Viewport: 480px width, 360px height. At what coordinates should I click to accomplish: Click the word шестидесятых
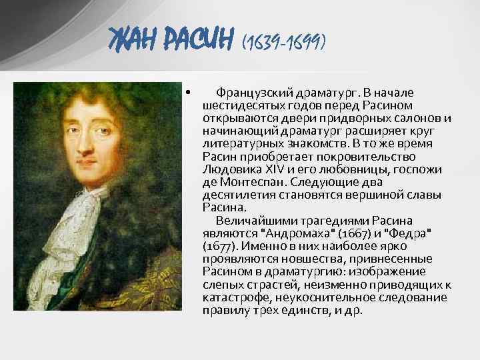coord(239,105)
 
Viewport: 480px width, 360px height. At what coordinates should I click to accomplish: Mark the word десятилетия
coord(236,195)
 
